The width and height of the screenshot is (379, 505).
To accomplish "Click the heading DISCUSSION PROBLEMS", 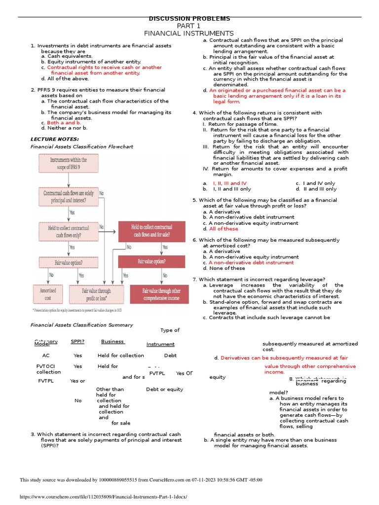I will [189, 19].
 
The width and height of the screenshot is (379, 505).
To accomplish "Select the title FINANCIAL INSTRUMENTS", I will [189, 33].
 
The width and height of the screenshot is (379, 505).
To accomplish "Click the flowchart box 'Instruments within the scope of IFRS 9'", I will [69, 163].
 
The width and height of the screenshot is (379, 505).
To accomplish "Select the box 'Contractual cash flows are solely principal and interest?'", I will [68, 197].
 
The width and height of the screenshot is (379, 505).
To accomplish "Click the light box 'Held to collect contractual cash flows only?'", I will [69, 231].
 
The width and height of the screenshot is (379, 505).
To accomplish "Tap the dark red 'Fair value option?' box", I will [152, 261].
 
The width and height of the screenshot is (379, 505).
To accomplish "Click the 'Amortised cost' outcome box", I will [48, 294].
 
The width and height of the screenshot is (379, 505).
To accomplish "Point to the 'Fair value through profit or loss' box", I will [96, 294].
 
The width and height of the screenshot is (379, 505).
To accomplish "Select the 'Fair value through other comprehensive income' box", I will [161, 294].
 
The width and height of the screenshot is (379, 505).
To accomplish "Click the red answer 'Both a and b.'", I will [64, 122].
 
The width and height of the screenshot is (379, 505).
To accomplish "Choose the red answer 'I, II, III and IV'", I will [229, 183].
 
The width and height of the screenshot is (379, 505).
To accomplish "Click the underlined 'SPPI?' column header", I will [77, 341].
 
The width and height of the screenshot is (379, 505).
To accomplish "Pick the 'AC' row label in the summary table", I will [46, 355].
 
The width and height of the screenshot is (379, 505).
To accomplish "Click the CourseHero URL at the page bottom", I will [104, 497].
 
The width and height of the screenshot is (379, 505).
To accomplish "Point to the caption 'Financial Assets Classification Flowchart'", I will [82, 146].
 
